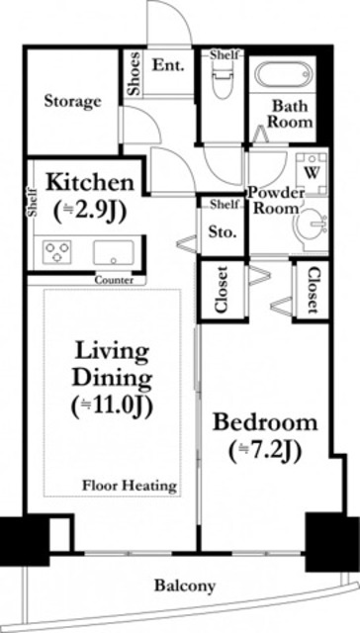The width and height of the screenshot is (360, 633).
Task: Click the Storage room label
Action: (72, 101)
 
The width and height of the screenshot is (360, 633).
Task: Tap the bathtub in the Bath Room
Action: (285, 75)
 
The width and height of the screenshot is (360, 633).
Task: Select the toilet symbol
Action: (223, 80)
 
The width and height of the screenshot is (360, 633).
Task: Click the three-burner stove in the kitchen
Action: (57, 252)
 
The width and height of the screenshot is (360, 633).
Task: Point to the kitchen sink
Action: (114, 253)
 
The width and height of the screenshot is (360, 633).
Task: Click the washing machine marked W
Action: (312, 173)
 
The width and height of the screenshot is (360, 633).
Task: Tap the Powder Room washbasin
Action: (312, 226)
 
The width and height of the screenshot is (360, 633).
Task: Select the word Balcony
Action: (185, 586)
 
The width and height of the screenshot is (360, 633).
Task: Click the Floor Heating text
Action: (130, 485)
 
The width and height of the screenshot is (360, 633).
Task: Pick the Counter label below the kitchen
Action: (114, 280)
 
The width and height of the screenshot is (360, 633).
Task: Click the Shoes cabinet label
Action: (134, 73)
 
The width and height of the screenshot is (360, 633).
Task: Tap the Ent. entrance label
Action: (168, 65)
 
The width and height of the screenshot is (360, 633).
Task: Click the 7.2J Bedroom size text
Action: (265, 452)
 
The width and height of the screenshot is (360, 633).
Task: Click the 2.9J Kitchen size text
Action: (90, 209)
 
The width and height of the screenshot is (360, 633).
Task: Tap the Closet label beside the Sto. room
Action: (222, 290)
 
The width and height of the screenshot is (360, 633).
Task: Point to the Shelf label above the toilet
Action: (225, 55)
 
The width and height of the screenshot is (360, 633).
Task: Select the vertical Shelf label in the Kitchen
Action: (33, 202)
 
